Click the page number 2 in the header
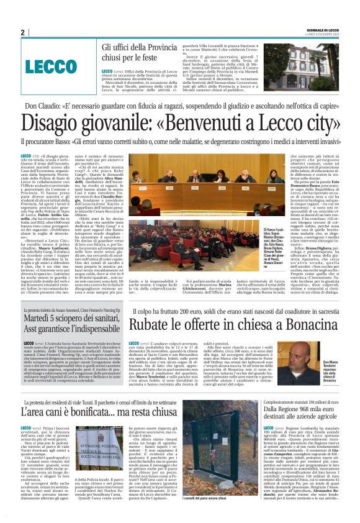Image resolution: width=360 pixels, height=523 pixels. pos(22,32)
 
